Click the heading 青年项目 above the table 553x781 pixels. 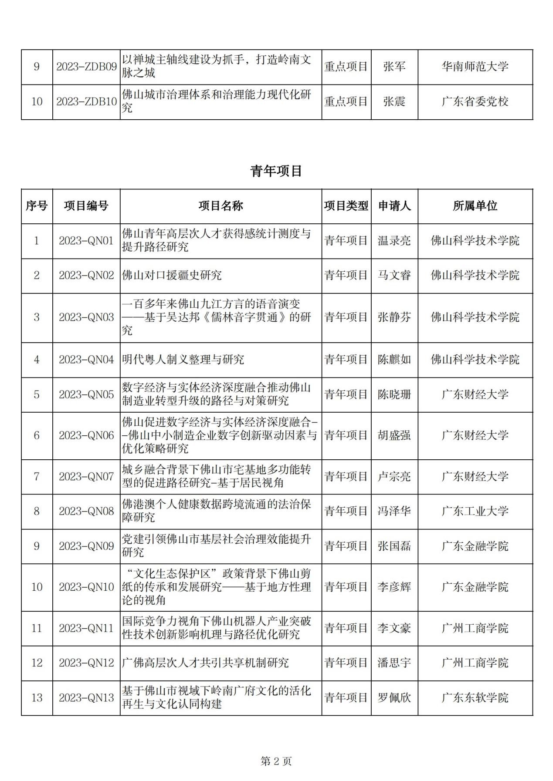276,171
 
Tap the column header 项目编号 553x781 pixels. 86,206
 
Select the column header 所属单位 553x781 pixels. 475,206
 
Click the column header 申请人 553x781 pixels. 394,206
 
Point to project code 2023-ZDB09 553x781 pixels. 86,67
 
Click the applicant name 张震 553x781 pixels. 394,101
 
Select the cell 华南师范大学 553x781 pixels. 475,67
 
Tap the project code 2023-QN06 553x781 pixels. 86,435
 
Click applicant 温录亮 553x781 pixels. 394,241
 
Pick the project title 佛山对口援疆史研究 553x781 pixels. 172,275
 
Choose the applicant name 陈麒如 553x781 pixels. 394,360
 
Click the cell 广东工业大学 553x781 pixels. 475,511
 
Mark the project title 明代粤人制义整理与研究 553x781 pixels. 183,360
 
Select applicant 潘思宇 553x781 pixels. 394,663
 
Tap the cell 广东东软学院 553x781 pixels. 475,697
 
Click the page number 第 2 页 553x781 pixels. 276,761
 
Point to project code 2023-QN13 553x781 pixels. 86,697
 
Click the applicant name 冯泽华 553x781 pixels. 394,511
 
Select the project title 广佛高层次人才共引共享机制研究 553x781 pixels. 205,663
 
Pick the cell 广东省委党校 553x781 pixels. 475,101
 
